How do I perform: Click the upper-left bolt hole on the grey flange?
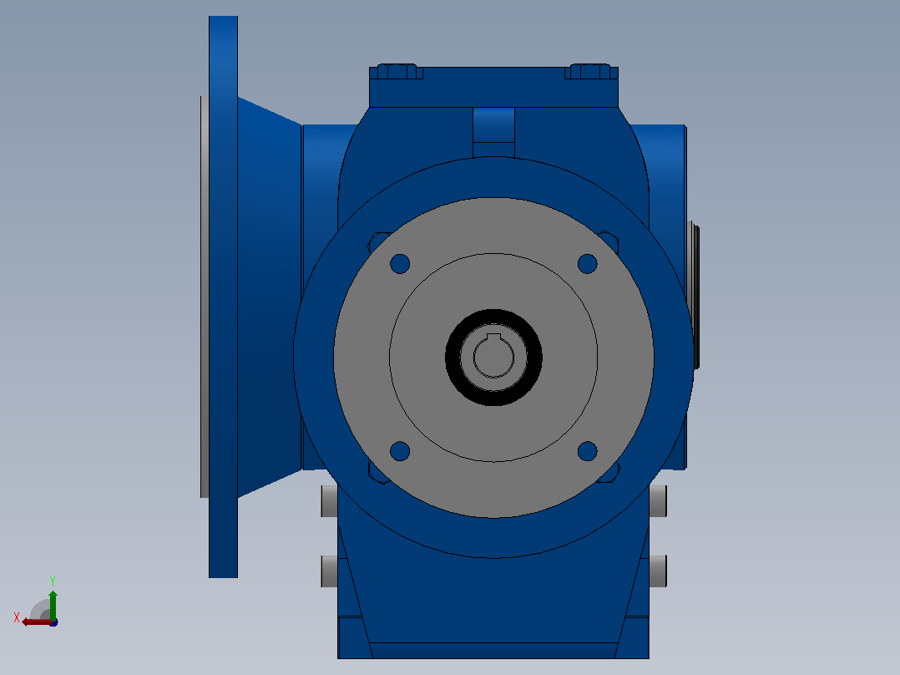400,264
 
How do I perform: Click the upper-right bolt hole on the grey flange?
587,264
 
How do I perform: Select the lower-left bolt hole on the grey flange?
400,451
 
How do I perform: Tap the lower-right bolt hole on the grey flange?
587,451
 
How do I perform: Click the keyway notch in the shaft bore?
493,337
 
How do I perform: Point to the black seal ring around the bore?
493,314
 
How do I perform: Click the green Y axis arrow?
53,605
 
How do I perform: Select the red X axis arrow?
38,622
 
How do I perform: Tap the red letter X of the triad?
17,618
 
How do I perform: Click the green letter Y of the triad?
53,581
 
